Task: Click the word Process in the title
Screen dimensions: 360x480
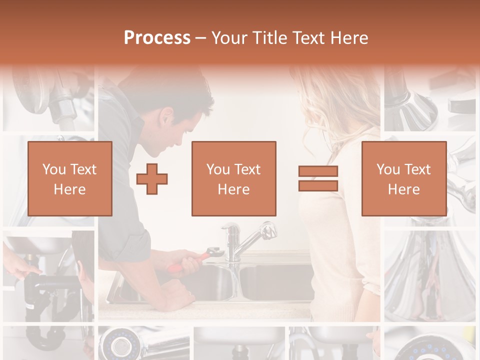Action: pos(157,38)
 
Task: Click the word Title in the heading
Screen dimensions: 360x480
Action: pos(270,38)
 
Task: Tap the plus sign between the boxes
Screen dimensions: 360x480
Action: pos(152,178)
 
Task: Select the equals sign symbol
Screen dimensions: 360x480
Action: pos(318,178)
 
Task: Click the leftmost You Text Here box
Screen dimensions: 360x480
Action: pos(69,178)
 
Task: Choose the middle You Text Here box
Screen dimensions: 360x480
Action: pos(233,178)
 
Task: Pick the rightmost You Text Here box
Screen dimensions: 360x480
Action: pos(403,178)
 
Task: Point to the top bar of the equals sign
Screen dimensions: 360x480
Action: pos(318,171)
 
